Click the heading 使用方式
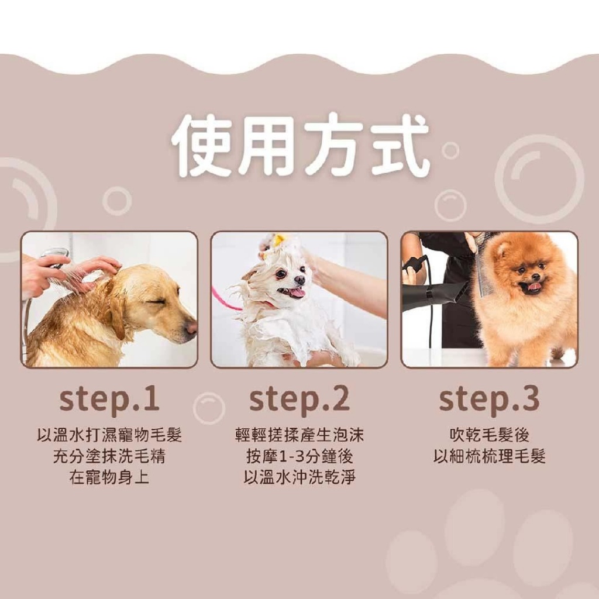click(299, 146)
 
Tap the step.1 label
click(109, 400)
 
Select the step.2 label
click(299, 400)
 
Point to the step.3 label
click(489, 400)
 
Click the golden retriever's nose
click(191, 328)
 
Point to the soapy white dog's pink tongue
click(298, 292)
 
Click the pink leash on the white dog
click(225, 299)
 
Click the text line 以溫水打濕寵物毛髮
click(109, 435)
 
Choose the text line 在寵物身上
click(109, 477)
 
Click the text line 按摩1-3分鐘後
click(299, 456)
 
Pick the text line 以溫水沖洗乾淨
click(299, 477)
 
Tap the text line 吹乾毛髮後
click(489, 435)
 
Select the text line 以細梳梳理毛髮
click(489, 456)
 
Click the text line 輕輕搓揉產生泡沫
click(299, 435)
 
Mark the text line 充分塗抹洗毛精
click(109, 456)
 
